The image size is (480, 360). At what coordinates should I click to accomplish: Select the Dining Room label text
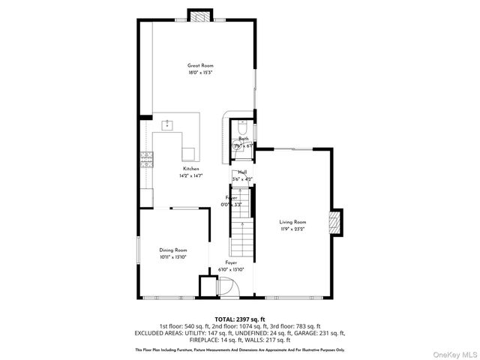click(172, 250)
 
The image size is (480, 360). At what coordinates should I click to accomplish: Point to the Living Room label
click(293, 222)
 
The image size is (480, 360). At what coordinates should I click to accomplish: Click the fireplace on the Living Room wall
click(336, 223)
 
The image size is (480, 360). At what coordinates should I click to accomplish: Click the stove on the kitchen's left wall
click(145, 158)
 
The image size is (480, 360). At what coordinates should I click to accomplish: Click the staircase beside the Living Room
click(240, 232)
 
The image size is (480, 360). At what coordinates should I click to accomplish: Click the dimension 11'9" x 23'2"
click(293, 229)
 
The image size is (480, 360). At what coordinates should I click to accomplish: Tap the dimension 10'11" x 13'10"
click(172, 256)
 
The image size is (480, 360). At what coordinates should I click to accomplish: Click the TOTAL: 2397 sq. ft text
click(239, 319)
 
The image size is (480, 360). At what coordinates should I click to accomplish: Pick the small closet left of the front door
click(207, 286)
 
